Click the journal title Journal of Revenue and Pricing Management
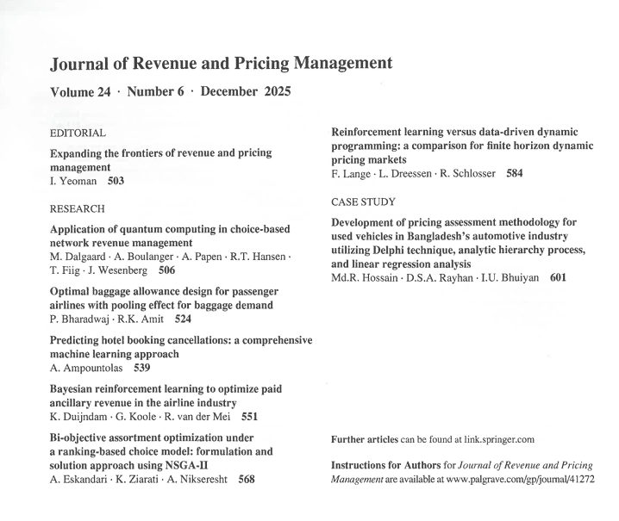222,64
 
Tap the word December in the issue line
232,92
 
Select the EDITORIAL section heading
78,133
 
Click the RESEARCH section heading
78,208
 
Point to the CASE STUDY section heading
363,202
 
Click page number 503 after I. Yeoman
121,182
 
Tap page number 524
183,319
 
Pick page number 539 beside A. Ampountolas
142,368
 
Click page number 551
250,417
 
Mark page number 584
514,174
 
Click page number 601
558,278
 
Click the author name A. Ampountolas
89,368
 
